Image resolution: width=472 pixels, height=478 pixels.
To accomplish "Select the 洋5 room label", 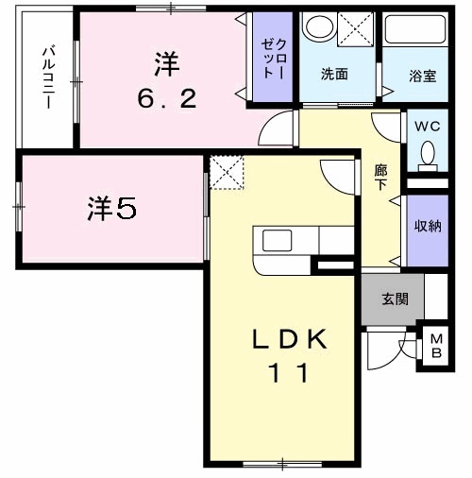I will (113, 209).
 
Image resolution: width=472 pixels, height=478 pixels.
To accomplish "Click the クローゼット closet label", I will (275, 59).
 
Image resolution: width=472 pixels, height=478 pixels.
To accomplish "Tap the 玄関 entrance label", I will (395, 300).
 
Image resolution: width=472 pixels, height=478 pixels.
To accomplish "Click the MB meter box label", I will (436, 347).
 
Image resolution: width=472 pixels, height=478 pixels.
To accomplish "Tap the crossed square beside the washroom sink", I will (356, 28).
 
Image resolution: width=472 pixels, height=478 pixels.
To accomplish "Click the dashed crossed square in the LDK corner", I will (227, 172).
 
